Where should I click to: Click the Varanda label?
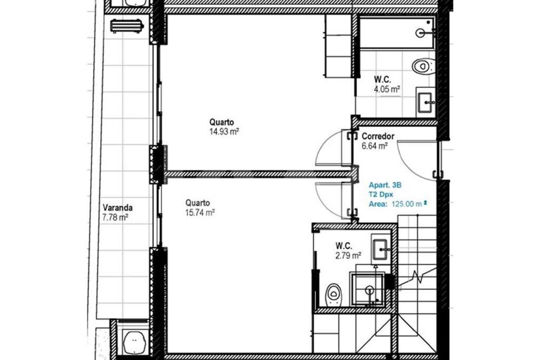click(118, 208)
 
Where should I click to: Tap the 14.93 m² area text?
click(224, 131)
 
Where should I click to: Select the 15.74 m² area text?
click(200, 212)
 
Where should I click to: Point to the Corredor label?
click(378, 137)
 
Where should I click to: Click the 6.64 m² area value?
click(375, 146)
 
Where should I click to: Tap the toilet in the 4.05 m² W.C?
click(423, 66)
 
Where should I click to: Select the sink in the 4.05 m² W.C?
click(426, 103)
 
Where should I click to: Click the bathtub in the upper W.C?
click(397, 33)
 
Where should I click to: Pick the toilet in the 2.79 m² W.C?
click(333, 295)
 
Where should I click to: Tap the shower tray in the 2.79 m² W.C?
click(367, 288)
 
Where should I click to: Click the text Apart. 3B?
click(385, 185)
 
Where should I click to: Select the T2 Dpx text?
click(381, 194)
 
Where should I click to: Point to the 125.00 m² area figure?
click(409, 204)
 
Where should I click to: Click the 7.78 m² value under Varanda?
click(115, 218)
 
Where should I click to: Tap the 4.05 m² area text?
click(387, 90)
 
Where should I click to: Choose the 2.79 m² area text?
click(349, 255)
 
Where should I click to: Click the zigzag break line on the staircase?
click(416, 277)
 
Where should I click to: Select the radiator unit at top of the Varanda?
click(127, 26)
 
